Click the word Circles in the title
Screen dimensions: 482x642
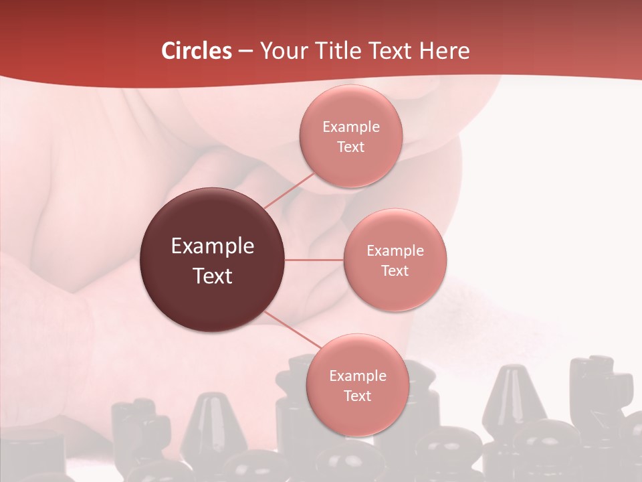point(197,51)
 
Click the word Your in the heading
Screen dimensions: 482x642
point(284,51)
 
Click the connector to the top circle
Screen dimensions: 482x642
point(289,191)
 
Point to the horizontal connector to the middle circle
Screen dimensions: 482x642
point(314,260)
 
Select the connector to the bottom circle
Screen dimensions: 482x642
point(292,329)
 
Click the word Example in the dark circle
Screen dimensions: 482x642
point(213,246)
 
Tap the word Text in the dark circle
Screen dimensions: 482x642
point(213,276)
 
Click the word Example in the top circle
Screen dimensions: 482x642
point(351,127)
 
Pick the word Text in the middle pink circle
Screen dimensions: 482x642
point(395,270)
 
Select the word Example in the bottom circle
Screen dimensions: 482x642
point(358,376)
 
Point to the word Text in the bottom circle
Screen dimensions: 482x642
point(358,396)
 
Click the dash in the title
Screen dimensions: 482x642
point(245,51)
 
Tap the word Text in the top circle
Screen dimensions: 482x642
point(351,147)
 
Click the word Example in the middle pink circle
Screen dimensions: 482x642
point(395,251)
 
